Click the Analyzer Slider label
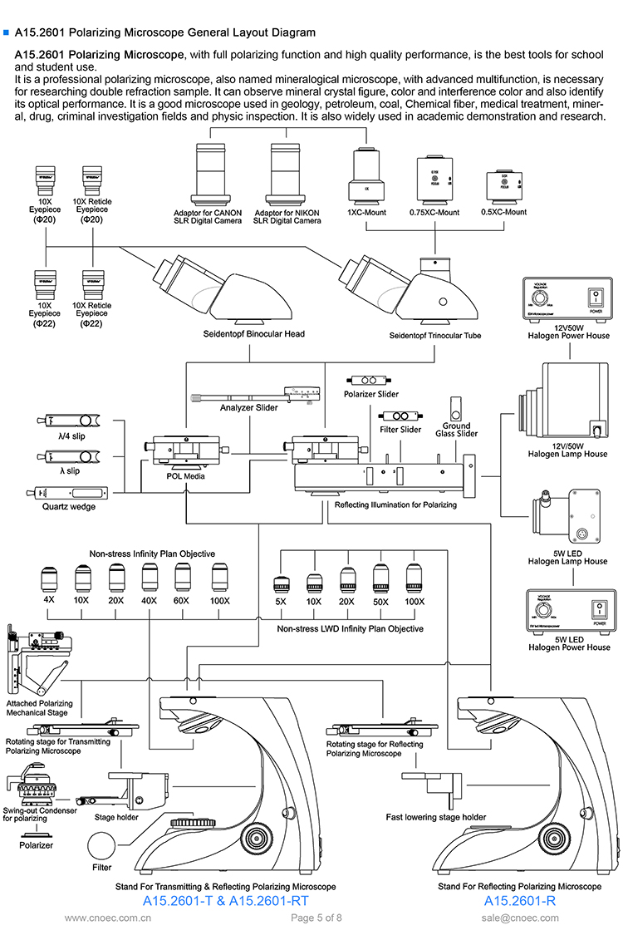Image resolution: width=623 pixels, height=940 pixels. click(x=248, y=408)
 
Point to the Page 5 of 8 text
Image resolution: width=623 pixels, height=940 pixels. click(x=316, y=918)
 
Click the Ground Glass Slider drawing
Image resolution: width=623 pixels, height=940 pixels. click(x=456, y=411)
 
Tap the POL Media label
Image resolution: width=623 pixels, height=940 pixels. click(x=184, y=476)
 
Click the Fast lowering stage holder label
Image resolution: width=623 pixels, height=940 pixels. click(x=436, y=817)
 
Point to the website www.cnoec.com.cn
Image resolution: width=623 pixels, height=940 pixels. click(x=108, y=918)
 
